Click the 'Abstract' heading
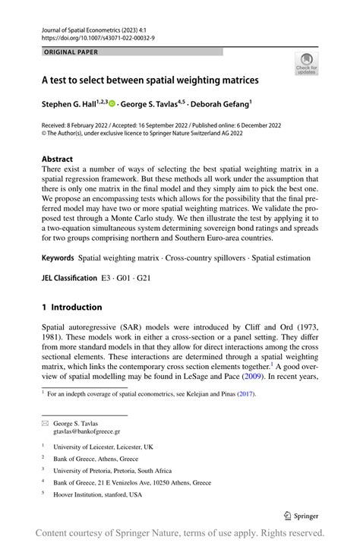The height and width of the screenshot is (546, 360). tap(58, 159)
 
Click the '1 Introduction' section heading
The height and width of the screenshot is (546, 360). tap(71, 307)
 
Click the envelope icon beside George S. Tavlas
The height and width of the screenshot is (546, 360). tap(45, 423)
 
